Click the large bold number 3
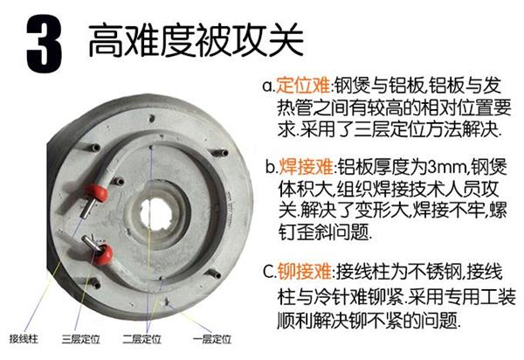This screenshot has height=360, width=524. (44, 44)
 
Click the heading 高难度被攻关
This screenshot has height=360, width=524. (196, 41)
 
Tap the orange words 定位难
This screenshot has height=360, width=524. (303, 85)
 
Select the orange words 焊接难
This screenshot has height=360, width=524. (307, 166)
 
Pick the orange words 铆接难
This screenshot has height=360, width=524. (305, 271)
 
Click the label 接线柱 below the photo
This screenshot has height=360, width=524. (24, 339)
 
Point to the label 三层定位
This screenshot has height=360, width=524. (81, 339)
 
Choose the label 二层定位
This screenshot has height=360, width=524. (142, 339)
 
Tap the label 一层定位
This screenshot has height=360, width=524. (212, 339)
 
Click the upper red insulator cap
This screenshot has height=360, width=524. (97, 193)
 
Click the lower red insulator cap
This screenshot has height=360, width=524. (104, 255)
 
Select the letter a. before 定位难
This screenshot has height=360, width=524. (268, 87)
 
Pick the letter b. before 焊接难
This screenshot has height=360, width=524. (272, 167)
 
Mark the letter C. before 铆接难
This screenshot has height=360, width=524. (270, 271)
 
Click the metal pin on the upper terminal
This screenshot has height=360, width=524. (87, 209)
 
